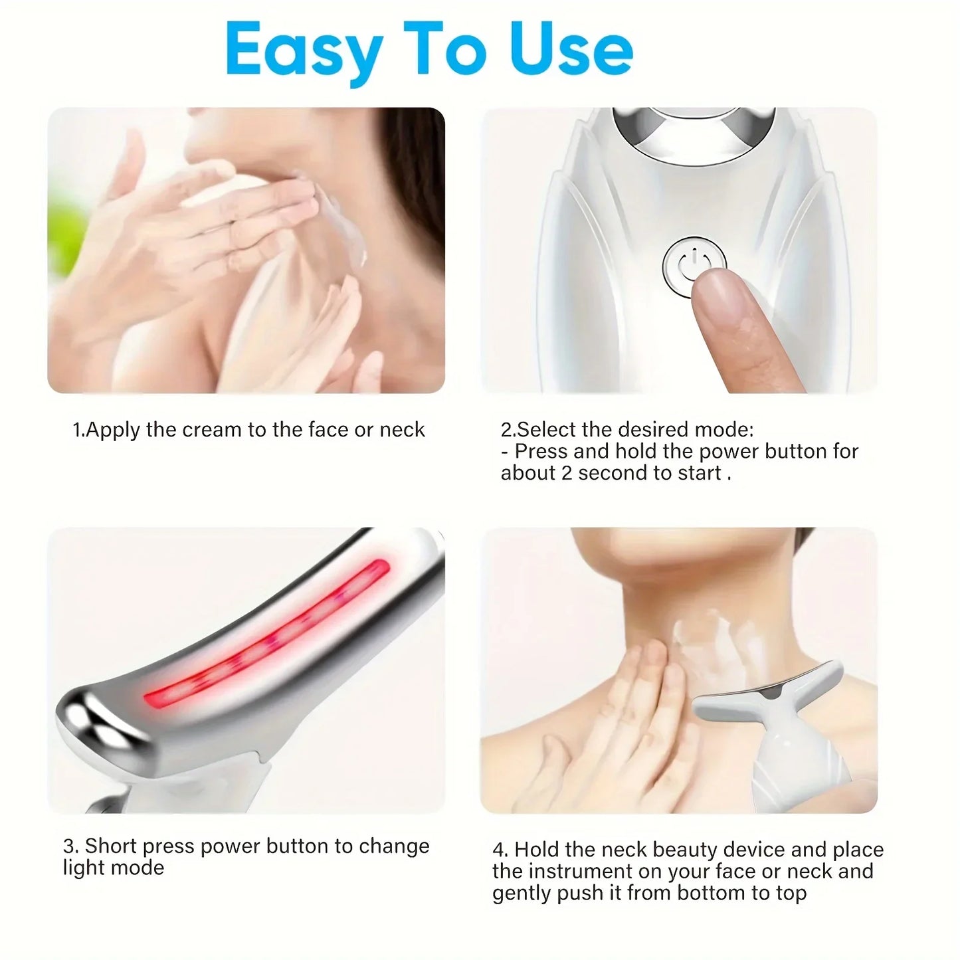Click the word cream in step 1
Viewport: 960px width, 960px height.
(x=212, y=430)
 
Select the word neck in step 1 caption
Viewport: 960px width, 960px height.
(x=402, y=430)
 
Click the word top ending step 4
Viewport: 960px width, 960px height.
(x=789, y=893)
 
